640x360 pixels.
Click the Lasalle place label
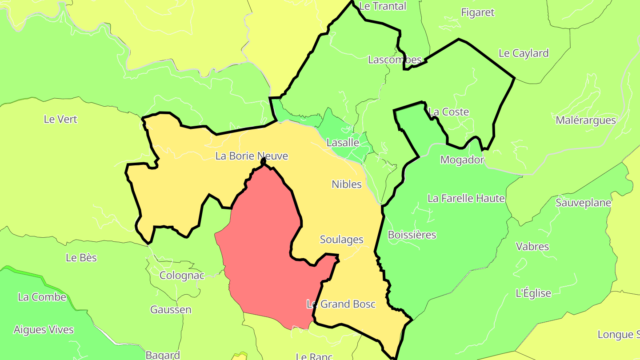pos(342,143)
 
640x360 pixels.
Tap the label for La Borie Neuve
pos(252,156)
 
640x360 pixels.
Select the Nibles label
pos(347,184)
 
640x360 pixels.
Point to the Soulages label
pos(341,240)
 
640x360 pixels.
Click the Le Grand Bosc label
pos(341,304)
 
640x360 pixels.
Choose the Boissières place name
pos(412,235)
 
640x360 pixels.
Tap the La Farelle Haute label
pos(466,198)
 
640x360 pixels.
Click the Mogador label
pos(462,160)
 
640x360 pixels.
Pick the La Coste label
pos(448,112)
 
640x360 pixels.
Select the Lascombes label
pos(394,60)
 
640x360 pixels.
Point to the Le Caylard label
pos(524,53)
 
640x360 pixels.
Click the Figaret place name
pos(477,12)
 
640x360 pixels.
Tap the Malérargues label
pos(586,120)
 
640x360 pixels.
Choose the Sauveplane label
pos(583,203)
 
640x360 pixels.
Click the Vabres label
pos(532,246)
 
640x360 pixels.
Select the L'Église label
pos(533,293)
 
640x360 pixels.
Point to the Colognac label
pos(182,276)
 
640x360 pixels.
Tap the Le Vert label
pos(60,119)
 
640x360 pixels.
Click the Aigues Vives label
pos(44,330)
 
